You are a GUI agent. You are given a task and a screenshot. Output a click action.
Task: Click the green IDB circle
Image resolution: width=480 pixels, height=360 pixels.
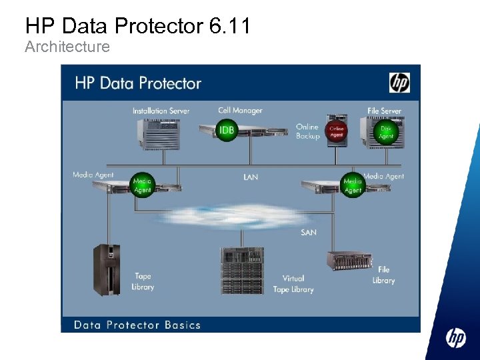click(227, 129)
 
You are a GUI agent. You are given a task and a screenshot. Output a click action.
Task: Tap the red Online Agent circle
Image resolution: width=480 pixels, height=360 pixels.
click(337, 131)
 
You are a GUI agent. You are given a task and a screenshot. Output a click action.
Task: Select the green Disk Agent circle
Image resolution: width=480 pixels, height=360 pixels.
click(386, 131)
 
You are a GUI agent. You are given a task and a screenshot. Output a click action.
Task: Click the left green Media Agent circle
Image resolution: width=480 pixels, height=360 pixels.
click(143, 185)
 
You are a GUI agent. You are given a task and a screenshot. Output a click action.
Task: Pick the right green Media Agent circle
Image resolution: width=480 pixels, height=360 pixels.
click(353, 185)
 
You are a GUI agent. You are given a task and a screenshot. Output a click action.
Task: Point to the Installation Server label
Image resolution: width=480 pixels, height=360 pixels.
click(161, 111)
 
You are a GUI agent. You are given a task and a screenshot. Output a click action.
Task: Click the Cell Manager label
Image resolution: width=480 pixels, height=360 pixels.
click(240, 110)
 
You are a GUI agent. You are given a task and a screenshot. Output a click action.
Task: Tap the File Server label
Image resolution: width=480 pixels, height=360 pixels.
click(384, 111)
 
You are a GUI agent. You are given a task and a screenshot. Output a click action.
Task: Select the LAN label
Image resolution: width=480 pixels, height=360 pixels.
click(251, 177)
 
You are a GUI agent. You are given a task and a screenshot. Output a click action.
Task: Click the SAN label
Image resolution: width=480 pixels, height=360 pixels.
click(309, 232)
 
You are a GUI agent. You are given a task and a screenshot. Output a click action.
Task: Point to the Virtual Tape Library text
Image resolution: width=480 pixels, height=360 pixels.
click(293, 283)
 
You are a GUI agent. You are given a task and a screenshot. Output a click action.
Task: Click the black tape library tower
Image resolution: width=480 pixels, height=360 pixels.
click(107, 269)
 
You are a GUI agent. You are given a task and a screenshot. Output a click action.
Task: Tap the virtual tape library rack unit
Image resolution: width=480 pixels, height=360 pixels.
click(242, 271)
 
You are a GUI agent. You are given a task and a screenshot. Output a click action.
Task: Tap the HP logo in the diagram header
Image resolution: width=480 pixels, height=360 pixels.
click(399, 83)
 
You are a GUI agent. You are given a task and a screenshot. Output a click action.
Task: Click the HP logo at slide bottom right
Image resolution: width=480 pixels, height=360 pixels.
click(456, 339)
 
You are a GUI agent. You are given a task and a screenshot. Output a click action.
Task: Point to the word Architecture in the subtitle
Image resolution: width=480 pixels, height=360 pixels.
click(67, 47)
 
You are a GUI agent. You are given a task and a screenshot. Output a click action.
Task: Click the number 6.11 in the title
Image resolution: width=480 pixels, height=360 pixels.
click(229, 26)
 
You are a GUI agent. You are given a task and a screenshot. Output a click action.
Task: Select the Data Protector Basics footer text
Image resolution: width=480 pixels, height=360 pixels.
click(137, 325)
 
